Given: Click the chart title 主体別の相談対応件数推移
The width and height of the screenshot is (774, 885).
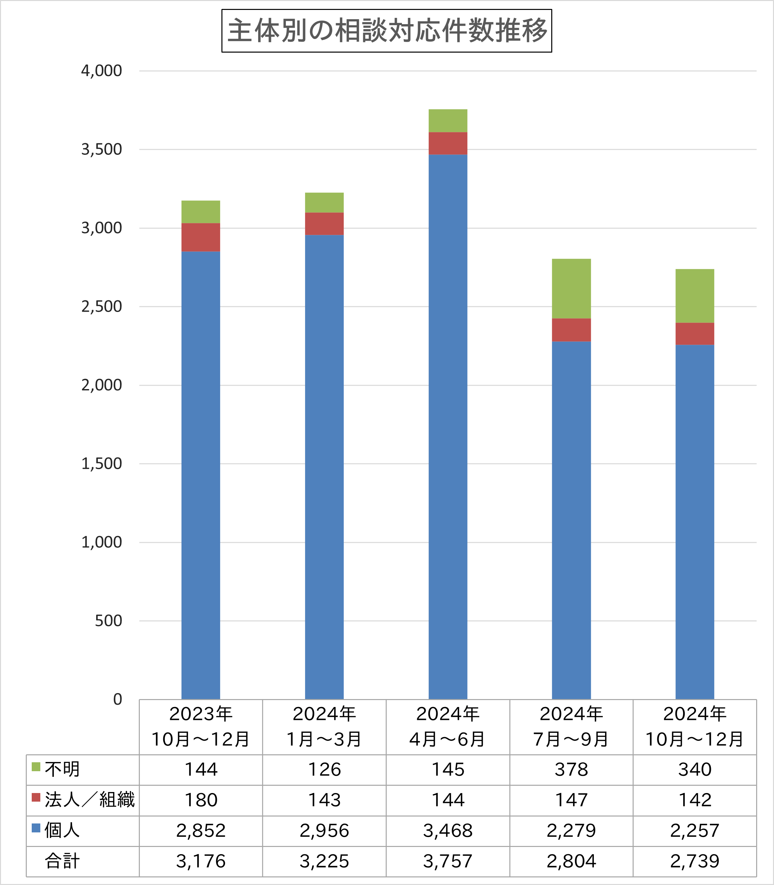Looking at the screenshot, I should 387,31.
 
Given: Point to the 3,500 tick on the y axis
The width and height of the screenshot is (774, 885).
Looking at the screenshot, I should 101,150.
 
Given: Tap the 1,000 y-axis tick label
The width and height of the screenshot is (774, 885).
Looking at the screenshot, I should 101,542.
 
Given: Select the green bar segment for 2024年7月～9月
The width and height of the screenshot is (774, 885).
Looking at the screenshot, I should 571,289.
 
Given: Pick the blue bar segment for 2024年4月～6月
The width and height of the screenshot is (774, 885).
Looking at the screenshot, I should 447,426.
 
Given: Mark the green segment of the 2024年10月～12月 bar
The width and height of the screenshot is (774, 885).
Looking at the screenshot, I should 695,296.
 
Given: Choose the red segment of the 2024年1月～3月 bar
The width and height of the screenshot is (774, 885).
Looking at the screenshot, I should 324,224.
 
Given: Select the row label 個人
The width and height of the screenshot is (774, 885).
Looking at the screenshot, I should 62,830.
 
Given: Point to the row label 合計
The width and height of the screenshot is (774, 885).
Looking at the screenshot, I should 62,861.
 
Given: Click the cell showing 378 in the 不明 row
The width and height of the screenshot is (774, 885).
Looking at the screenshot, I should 571,770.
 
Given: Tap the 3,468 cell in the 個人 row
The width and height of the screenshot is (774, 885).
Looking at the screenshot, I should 447,830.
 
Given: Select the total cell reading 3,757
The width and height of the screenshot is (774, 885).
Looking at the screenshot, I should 447,861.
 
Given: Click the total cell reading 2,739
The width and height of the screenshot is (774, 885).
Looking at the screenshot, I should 695,861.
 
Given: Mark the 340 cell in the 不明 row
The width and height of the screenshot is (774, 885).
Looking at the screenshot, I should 695,770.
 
